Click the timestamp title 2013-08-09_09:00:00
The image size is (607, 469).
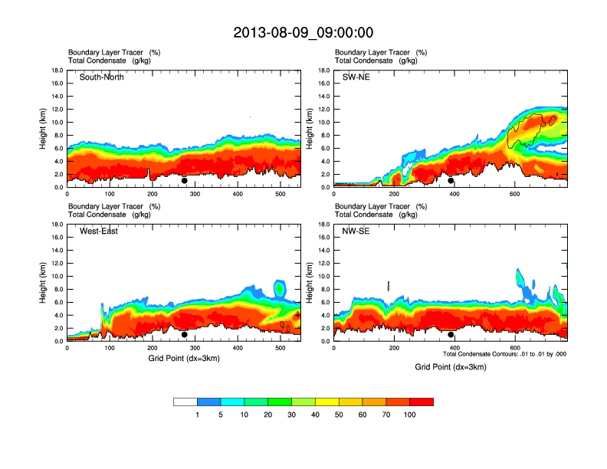[x=303, y=32]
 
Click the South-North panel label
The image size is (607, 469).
[x=102, y=77]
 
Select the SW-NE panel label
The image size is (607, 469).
[x=356, y=77]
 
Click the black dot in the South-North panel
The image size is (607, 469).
[x=185, y=181]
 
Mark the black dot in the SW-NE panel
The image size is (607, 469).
[x=451, y=181]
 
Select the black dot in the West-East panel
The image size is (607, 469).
[x=185, y=335]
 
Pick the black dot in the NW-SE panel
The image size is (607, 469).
[x=451, y=335]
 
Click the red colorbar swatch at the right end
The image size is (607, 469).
[x=422, y=402]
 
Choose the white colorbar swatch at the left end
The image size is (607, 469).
[x=185, y=402]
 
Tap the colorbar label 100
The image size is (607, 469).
[x=410, y=415]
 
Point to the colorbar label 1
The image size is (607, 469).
[x=197, y=415]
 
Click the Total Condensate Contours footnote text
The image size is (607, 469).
[x=504, y=354]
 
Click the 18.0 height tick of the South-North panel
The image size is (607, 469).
[x=57, y=71]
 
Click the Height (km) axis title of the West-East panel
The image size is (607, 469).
[x=44, y=283]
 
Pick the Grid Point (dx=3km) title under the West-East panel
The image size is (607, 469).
[x=184, y=358]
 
